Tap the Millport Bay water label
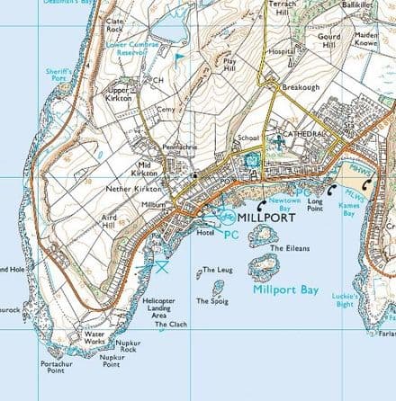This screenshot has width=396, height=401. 287,290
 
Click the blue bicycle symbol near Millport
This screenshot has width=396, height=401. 226,217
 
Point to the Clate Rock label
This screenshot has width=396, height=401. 115,25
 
